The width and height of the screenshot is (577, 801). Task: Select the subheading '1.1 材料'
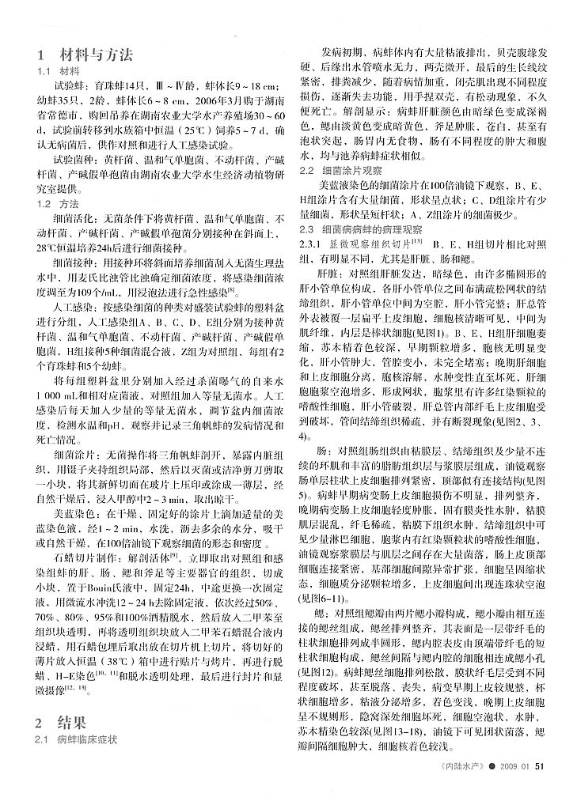click(x=54, y=70)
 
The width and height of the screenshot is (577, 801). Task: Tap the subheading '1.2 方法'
click(x=54, y=203)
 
